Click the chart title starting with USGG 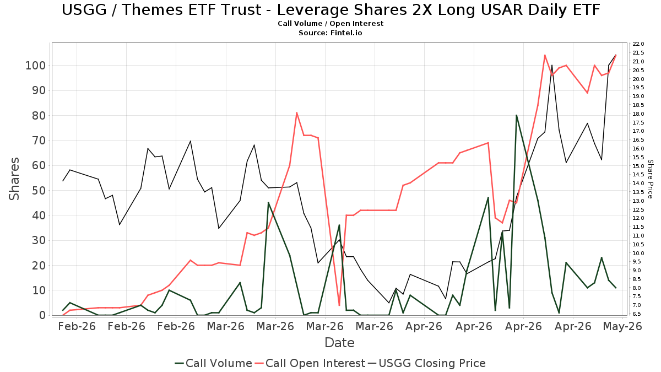click(330, 10)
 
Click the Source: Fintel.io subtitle click(330, 33)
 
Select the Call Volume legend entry click(213, 363)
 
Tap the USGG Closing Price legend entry click(426, 363)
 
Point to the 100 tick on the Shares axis click(36, 66)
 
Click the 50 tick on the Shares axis click(39, 191)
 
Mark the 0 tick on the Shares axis click(43, 315)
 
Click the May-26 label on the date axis click(622, 326)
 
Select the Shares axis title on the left click(14, 179)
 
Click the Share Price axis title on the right click(650, 179)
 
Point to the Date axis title click(339, 343)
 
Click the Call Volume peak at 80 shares click(517, 115)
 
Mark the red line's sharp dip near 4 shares click(339, 305)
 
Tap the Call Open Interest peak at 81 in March click(296, 112)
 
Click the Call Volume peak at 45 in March click(268, 203)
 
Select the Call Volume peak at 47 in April click(488, 197)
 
